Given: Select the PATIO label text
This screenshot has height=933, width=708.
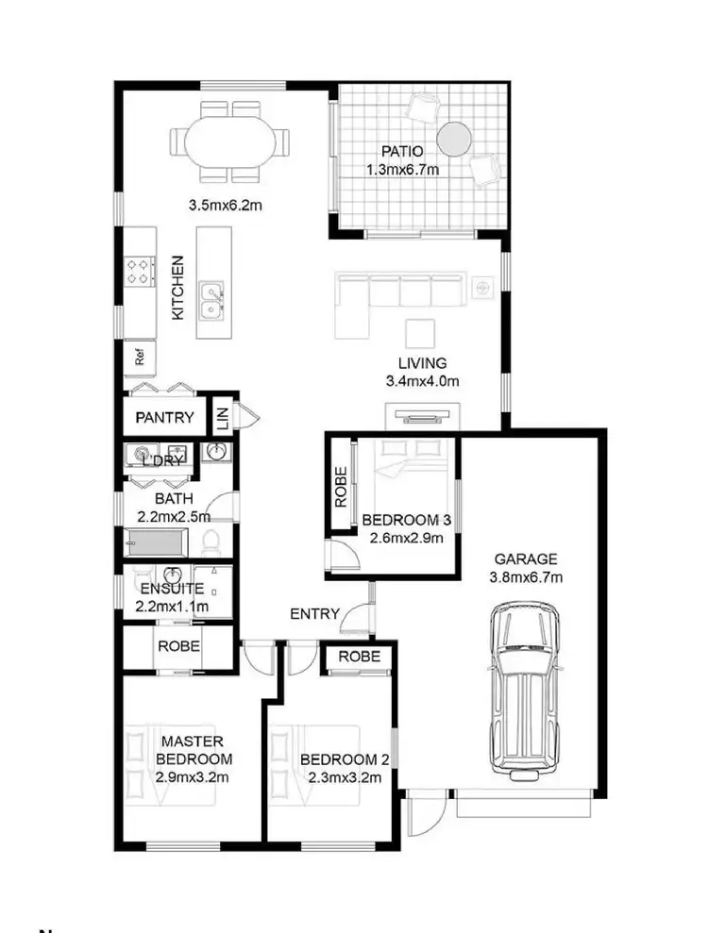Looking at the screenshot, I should pos(401,151).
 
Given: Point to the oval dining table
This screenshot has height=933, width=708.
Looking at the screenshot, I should pos(231,144).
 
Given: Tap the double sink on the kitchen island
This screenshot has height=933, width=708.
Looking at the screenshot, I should pos(211,301).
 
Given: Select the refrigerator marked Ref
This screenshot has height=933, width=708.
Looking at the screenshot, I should pos(140,358).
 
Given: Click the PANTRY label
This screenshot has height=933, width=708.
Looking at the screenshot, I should pos(164,418).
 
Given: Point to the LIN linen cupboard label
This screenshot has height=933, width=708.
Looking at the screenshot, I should pos(222,417).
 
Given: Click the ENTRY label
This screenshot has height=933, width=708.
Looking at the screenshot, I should pos(314,614).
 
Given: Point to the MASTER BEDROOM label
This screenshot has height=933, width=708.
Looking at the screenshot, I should pos(191,750).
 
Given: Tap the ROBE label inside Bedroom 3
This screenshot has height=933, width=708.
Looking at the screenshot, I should pos(341,486).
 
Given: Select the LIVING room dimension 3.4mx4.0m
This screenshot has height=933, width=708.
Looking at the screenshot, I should pos(422,381).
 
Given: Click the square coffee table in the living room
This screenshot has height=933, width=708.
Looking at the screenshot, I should pos(419,334).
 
